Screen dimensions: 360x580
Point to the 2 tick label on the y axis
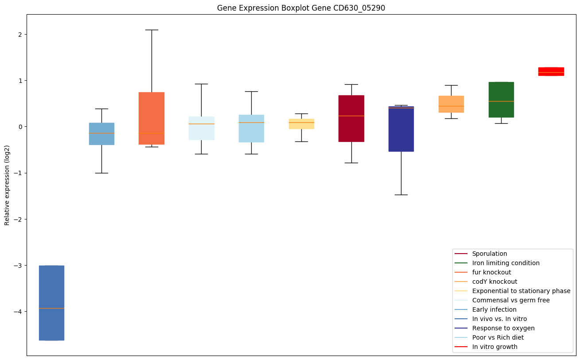click(x=20, y=35)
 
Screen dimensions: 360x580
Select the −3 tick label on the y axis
click(x=18, y=266)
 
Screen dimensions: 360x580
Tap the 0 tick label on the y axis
click(x=20, y=127)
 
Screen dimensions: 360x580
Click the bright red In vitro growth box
click(x=551, y=71)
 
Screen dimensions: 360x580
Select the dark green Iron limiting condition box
click(x=501, y=100)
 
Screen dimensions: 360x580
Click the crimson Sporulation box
click(x=351, y=118)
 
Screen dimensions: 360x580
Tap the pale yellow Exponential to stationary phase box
click(x=301, y=124)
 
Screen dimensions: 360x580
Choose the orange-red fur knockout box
click(x=152, y=118)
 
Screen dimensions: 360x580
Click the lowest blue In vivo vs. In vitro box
click(x=51, y=303)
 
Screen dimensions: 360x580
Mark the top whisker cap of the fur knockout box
click(x=152, y=30)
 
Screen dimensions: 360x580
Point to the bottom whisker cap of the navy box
click(x=401, y=195)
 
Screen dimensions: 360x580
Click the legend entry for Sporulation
click(x=489, y=254)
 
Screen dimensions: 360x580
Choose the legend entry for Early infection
click(x=494, y=309)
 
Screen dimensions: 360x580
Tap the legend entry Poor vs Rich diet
click(x=498, y=337)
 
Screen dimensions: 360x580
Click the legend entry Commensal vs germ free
click(x=510, y=300)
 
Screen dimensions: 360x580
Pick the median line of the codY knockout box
click(x=451, y=106)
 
